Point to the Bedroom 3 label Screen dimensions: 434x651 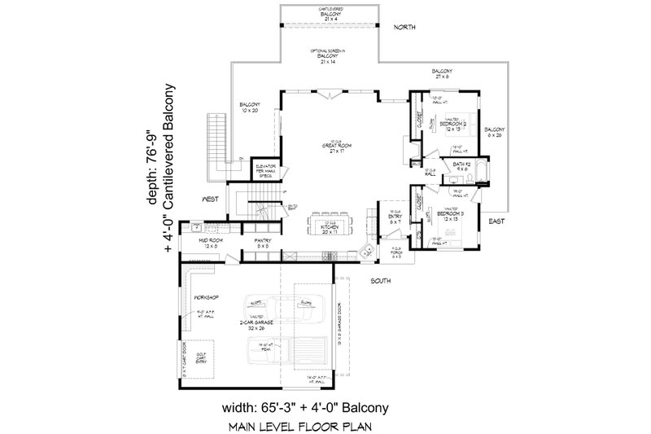point(449,214)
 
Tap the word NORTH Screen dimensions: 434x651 point(404,28)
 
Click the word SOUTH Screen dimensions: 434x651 point(381,281)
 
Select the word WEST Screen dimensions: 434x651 point(214,198)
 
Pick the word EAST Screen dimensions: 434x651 point(496,221)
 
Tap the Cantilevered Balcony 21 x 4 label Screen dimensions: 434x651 point(330,11)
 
